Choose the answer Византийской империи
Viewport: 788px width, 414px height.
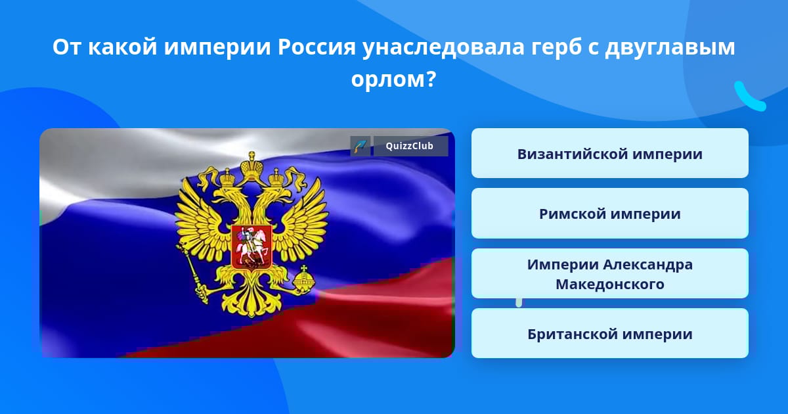pyautogui.click(x=609, y=154)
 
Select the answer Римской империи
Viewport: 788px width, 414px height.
pyautogui.click(x=609, y=214)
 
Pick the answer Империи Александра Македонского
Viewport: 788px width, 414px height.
pyautogui.click(x=609, y=273)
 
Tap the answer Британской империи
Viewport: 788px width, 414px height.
pyautogui.click(x=609, y=333)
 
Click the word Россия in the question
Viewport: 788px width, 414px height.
pyautogui.click(x=317, y=47)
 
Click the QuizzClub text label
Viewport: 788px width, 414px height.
pyautogui.click(x=410, y=146)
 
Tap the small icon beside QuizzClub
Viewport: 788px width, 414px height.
pyautogui.click(x=361, y=146)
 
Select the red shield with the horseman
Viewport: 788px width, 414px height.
pyautogui.click(x=252, y=248)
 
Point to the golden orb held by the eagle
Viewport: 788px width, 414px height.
pyautogui.click(x=304, y=278)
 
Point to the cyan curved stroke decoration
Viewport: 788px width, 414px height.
pyautogui.click(x=749, y=97)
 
